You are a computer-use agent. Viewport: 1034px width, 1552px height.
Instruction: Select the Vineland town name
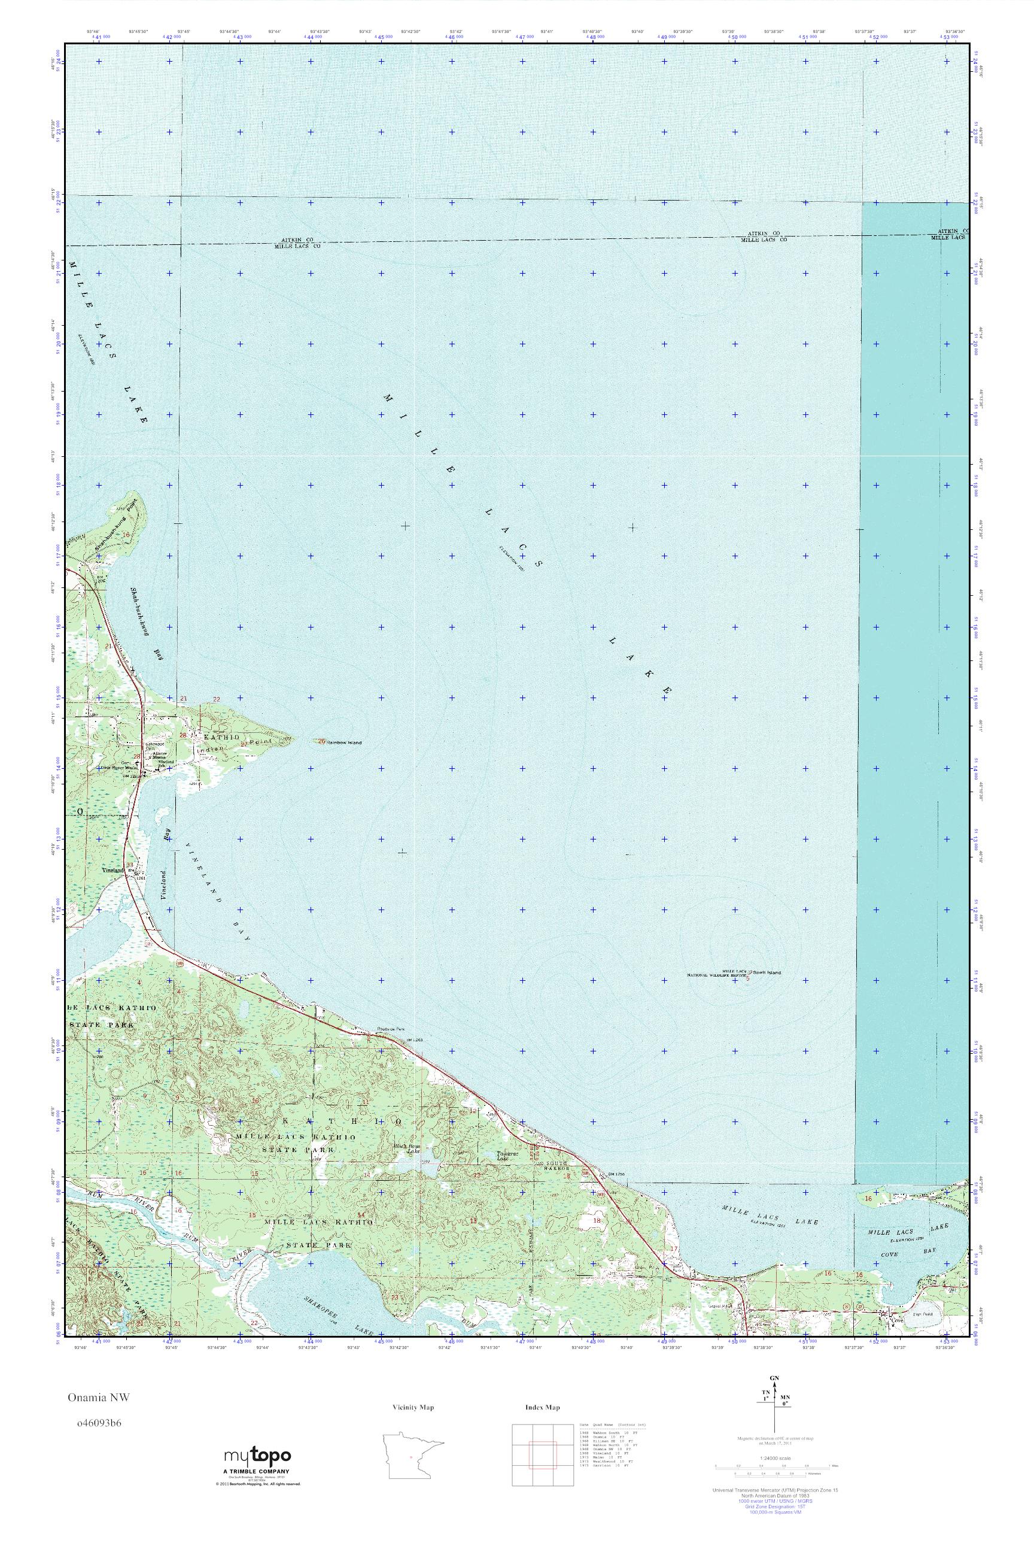coord(112,871)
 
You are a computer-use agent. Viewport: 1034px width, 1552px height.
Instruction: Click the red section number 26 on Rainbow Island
coord(321,742)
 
